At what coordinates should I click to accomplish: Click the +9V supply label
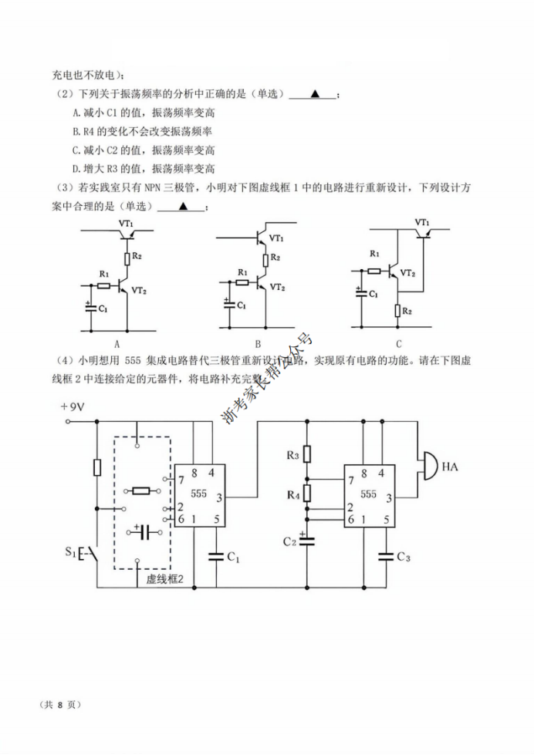(74, 407)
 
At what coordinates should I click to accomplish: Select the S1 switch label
(71, 552)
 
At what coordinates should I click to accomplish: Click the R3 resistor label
(292, 457)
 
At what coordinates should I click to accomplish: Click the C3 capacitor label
(403, 557)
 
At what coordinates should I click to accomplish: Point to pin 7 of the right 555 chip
(351, 480)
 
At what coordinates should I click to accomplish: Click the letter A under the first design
(117, 344)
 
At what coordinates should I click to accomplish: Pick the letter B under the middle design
(258, 344)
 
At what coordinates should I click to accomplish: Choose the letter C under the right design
(399, 344)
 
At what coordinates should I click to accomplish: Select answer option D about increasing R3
(144, 169)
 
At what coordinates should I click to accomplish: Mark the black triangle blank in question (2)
(314, 94)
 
